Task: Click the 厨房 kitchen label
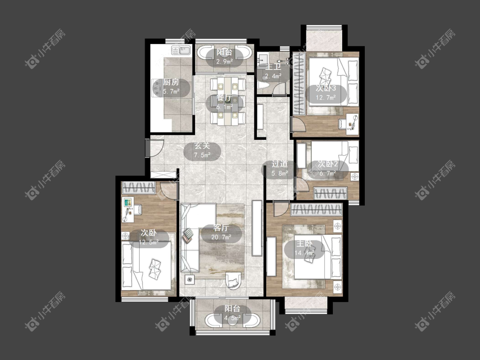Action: tap(171, 82)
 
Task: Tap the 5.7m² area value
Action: tap(171, 91)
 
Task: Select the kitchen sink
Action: tap(181, 50)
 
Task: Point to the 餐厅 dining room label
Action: tap(224, 98)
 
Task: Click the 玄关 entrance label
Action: tap(202, 146)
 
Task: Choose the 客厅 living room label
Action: tap(221, 228)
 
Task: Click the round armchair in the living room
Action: tap(233, 280)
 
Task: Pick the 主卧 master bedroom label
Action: tap(304, 244)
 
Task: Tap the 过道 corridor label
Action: tap(280, 164)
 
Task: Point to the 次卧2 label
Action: tap(328, 164)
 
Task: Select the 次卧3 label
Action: tap(326, 88)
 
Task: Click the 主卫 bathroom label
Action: tap(273, 67)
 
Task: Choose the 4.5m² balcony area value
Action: tap(233, 318)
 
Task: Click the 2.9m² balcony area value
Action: tap(225, 61)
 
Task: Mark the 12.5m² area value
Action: tap(148, 242)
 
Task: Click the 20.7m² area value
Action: tap(221, 237)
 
